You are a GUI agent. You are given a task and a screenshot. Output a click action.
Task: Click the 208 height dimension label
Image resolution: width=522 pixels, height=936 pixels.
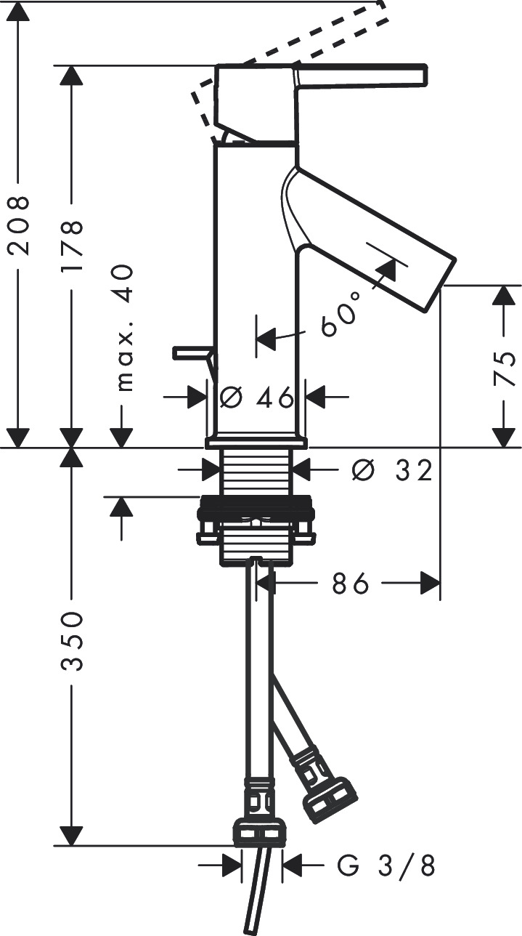[x=17, y=225]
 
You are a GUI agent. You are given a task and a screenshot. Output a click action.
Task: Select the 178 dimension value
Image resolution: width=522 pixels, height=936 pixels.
[x=72, y=246]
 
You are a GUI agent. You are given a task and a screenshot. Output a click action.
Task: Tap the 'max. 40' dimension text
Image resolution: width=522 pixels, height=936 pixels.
[x=123, y=328]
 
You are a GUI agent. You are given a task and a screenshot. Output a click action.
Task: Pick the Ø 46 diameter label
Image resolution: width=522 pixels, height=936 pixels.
[x=256, y=397]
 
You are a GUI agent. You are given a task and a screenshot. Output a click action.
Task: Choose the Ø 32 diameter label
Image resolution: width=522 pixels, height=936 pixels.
[x=391, y=471]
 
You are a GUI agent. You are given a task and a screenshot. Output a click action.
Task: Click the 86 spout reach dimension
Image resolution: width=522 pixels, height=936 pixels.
[x=351, y=583]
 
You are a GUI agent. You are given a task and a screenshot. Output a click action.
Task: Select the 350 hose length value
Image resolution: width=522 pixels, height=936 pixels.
[x=72, y=641]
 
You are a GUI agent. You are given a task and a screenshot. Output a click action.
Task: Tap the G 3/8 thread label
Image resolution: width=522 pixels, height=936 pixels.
[x=387, y=866]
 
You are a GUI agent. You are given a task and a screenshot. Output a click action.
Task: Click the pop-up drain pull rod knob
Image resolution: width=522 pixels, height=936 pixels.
[x=189, y=353]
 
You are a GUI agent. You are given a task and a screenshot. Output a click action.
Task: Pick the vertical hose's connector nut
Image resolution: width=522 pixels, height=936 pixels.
[x=259, y=831]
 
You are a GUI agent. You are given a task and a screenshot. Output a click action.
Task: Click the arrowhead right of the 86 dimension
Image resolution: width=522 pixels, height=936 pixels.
[x=431, y=583]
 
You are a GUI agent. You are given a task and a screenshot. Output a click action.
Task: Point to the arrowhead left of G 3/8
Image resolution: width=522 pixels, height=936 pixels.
[x=234, y=866]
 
